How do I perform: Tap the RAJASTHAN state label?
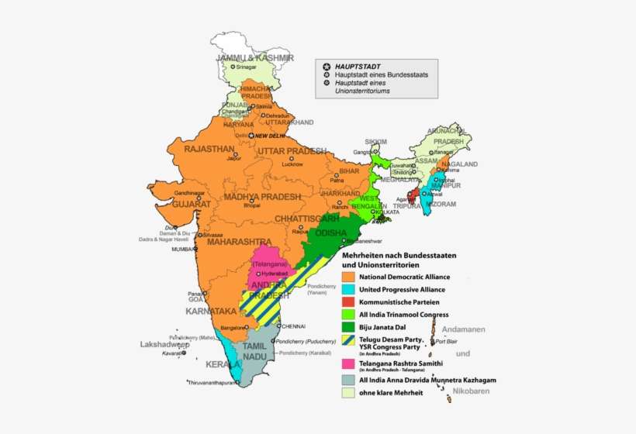click(x=209, y=148)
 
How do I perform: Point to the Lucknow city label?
click(x=292, y=164)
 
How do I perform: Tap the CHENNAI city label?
click(x=293, y=325)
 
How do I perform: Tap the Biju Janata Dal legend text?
click(x=387, y=326)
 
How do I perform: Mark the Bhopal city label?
click(x=252, y=206)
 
